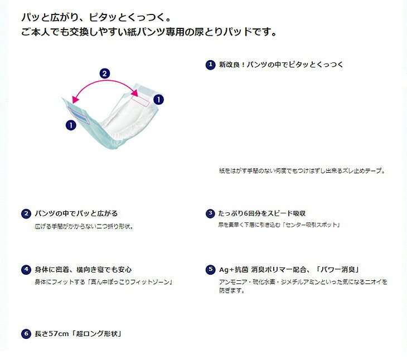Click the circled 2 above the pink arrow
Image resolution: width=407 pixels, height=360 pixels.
(x=105, y=74)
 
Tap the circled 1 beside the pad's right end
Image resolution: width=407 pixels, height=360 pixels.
(x=158, y=99)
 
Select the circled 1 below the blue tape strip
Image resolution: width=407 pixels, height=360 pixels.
(x=71, y=125)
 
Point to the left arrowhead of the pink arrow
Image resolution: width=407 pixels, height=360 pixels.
(x=75, y=100)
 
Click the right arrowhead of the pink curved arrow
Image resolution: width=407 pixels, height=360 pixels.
(x=135, y=93)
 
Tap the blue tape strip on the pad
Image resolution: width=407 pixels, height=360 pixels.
(x=79, y=115)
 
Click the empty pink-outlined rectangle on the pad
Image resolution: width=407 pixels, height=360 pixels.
(x=140, y=101)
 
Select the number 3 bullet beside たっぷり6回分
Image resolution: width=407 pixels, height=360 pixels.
(x=210, y=213)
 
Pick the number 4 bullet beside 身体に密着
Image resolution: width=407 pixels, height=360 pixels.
(x=26, y=270)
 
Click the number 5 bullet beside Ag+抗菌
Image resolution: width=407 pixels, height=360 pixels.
(x=210, y=270)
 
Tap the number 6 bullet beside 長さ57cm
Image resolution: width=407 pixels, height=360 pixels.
(x=26, y=334)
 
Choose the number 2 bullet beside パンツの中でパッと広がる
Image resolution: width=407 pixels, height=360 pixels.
(x=26, y=213)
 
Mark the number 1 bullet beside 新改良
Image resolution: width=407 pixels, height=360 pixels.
(x=210, y=65)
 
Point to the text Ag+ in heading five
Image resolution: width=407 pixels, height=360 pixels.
(x=226, y=270)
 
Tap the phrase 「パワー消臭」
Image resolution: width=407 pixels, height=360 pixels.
(x=337, y=270)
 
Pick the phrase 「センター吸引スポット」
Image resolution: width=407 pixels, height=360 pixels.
(x=311, y=225)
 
